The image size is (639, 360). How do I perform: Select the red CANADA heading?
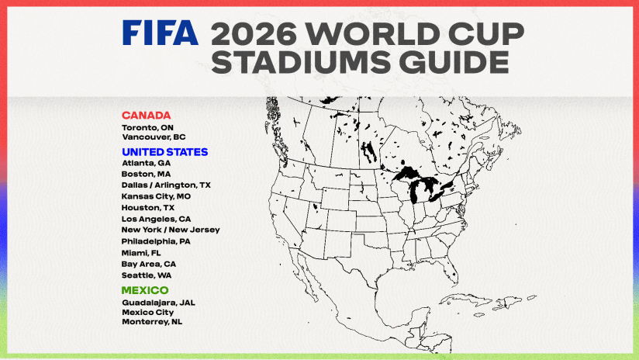(146, 116)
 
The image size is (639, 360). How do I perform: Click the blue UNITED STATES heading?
(164, 152)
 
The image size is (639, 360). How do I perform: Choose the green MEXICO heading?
(144, 290)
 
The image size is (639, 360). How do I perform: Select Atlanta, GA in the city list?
(146, 164)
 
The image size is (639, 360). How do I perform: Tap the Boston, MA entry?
(146, 175)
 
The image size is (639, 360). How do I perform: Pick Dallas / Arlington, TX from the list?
(166, 185)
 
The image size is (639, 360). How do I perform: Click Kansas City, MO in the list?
(156, 197)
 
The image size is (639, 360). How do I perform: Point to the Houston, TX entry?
(147, 208)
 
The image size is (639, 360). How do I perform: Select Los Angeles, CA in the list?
(155, 219)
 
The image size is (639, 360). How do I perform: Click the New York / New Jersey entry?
(171, 230)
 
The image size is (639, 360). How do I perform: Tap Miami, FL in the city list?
(142, 253)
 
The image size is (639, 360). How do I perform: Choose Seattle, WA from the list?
(147, 275)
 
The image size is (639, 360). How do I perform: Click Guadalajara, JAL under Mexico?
(157, 302)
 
